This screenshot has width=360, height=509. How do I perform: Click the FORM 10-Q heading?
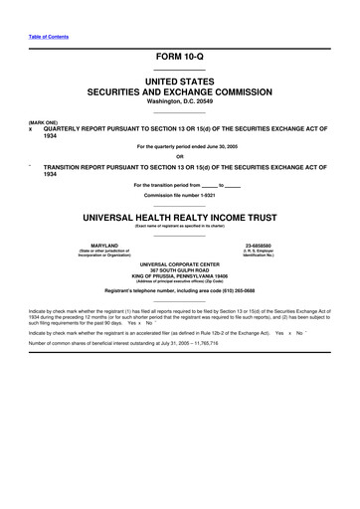pos(180,58)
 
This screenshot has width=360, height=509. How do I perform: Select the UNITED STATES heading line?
pos(180,80)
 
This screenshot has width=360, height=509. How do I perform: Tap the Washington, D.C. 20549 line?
pos(180,101)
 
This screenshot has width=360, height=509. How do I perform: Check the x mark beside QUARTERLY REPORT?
pos(31,129)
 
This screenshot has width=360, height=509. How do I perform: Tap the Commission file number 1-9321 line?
pos(180,194)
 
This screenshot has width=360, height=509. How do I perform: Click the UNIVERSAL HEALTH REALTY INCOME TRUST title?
pos(180,214)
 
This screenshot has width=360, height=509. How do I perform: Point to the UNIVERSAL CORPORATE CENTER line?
pos(180,263)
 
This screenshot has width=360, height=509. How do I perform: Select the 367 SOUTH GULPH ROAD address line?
pos(180,269)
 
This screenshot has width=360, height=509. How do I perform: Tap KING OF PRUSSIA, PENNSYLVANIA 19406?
pos(180,275)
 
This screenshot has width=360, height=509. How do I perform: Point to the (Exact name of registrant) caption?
pos(180,226)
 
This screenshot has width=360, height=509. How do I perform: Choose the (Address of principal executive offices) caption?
pos(180,281)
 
